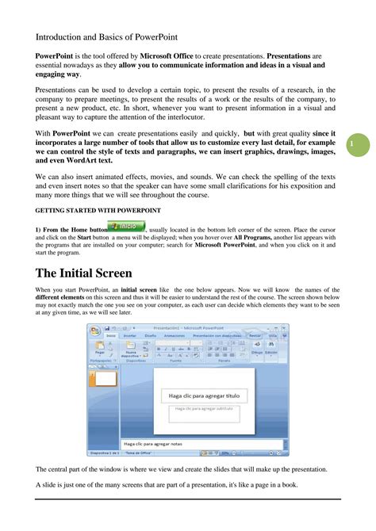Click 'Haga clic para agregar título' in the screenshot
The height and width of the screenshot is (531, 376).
[204, 395]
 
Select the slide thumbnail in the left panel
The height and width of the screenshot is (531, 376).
[106, 380]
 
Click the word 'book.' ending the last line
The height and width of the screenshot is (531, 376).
[296, 483]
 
